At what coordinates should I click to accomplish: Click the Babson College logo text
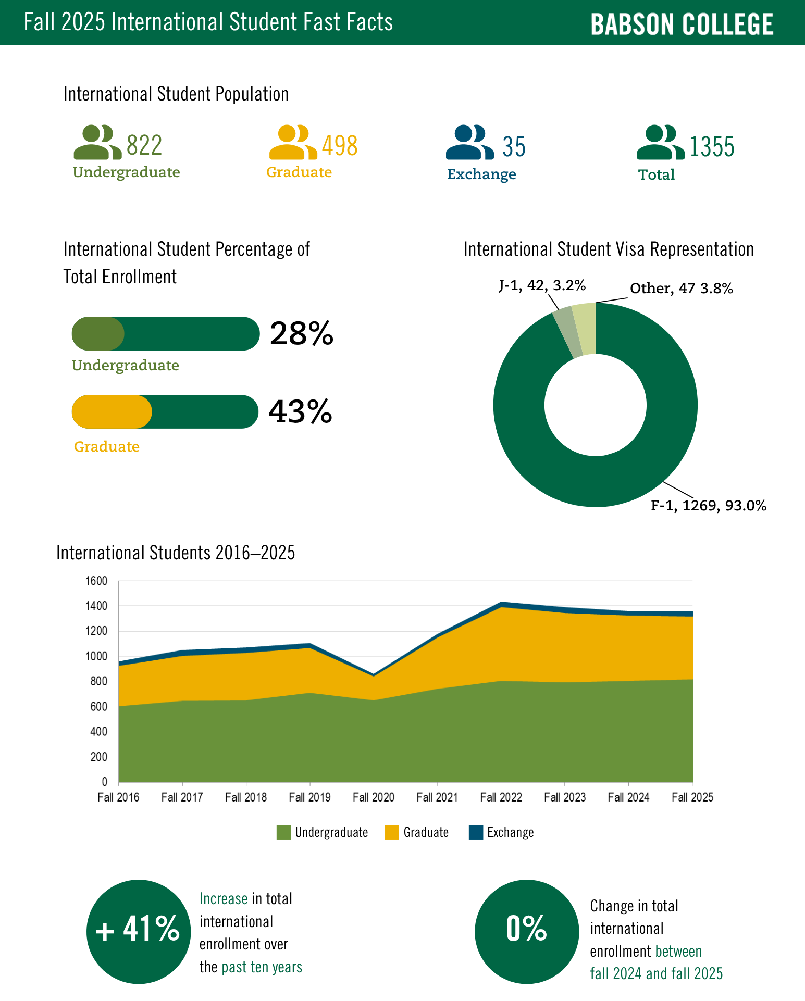682,24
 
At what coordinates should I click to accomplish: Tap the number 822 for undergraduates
144,145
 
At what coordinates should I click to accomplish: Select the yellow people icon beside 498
293,142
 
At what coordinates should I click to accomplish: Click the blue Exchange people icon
469,142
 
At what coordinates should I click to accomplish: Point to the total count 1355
712,147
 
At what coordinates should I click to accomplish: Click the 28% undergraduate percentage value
301,333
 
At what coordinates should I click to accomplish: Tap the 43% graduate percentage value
300,411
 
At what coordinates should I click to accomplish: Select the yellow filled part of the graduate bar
112,411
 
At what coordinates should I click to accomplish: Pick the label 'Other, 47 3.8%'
682,288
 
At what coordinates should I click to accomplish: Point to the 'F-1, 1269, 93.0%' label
709,505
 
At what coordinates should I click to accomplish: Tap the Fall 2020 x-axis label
374,797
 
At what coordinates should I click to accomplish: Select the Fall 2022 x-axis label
501,797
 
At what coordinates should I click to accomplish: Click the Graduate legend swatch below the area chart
392,832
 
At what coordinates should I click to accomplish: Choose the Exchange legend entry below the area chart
501,832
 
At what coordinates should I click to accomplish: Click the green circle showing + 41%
139,931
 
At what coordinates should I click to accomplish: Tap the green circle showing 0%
527,931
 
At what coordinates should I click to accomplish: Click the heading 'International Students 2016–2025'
176,553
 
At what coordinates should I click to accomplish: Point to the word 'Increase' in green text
224,899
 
